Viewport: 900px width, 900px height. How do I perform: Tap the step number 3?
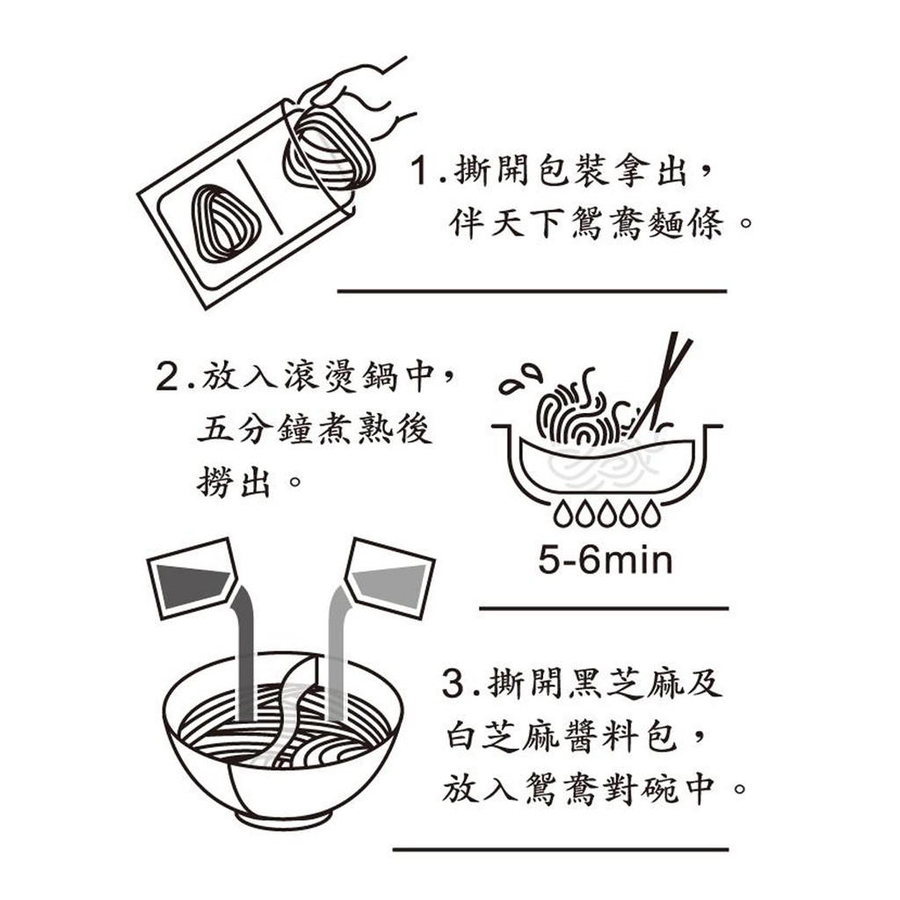pyautogui.click(x=453, y=684)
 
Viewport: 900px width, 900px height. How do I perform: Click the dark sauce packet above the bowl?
pyautogui.click(x=192, y=577)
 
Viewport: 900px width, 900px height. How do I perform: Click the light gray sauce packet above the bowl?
pyautogui.click(x=390, y=578)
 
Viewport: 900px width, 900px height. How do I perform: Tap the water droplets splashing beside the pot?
pyautogui.click(x=520, y=380)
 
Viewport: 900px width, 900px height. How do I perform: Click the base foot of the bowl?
pyautogui.click(x=284, y=819)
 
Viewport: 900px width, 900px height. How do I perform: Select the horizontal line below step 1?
pyautogui.click(x=532, y=292)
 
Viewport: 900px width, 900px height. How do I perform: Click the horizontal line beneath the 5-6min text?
pyautogui.click(x=604, y=608)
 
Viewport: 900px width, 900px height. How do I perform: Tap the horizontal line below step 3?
pyautogui.click(x=561, y=850)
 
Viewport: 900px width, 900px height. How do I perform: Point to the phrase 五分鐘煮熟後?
pyautogui.click(x=314, y=429)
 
